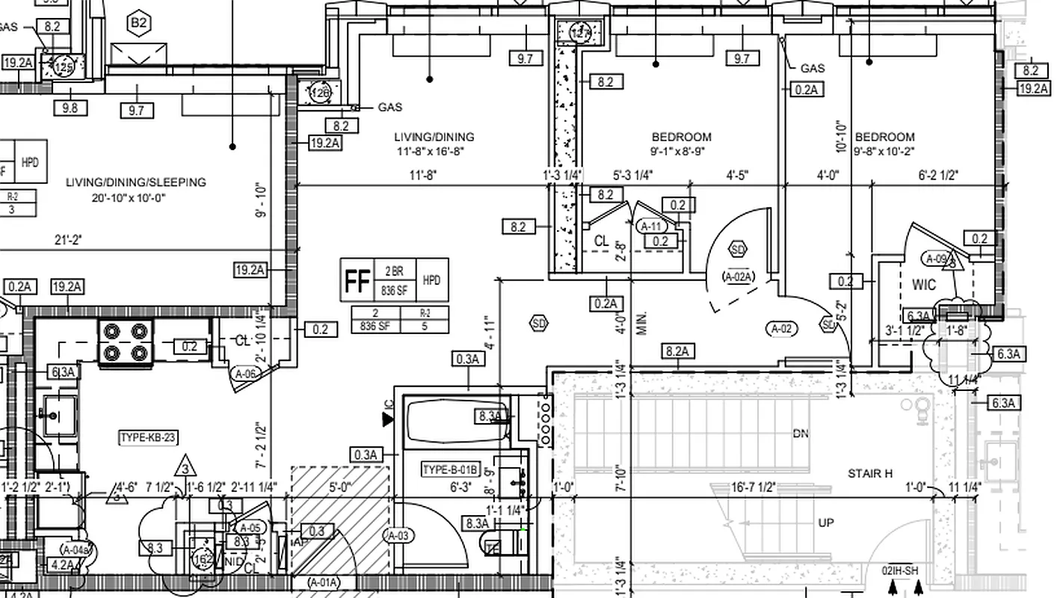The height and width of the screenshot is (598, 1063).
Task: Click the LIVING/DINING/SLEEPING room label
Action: point(135,182)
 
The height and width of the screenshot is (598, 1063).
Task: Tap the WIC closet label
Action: point(924,286)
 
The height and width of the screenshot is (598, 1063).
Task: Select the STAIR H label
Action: point(870,473)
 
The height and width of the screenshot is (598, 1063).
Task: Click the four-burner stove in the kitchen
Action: point(126,342)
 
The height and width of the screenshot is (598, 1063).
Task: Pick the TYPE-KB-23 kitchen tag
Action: point(149,437)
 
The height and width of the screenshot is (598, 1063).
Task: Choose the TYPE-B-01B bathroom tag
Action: point(449,470)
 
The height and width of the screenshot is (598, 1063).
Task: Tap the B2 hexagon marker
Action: point(139,23)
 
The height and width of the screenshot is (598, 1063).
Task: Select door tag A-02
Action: point(781,328)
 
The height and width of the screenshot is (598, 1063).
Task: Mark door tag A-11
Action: point(650,226)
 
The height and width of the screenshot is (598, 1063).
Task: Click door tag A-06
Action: point(247,374)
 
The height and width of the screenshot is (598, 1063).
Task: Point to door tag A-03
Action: point(398,535)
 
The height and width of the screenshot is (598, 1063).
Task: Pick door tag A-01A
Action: point(324,582)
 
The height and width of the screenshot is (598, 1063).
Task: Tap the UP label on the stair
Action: point(825,523)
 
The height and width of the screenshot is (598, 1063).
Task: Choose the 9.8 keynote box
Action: point(70,108)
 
